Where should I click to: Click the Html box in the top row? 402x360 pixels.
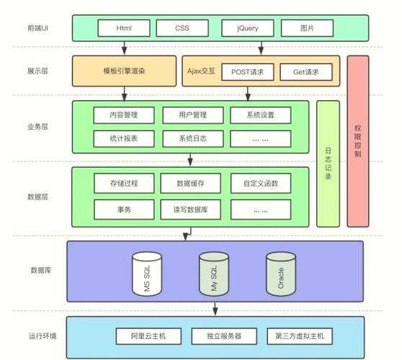click(124, 29)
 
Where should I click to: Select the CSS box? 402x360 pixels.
click(182, 29)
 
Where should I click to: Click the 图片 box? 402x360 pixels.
click(308, 29)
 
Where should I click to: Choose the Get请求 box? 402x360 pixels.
click(305, 72)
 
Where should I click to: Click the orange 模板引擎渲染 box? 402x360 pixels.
click(124, 72)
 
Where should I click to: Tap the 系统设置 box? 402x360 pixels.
click(260, 114)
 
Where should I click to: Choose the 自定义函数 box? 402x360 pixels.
click(260, 184)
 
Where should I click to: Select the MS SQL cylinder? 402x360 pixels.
click(143, 273)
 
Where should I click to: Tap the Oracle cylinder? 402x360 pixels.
click(281, 272)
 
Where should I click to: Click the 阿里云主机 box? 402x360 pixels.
click(147, 336)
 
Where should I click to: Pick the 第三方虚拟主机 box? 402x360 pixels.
click(300, 336)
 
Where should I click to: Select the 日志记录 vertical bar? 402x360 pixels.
click(328, 163)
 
